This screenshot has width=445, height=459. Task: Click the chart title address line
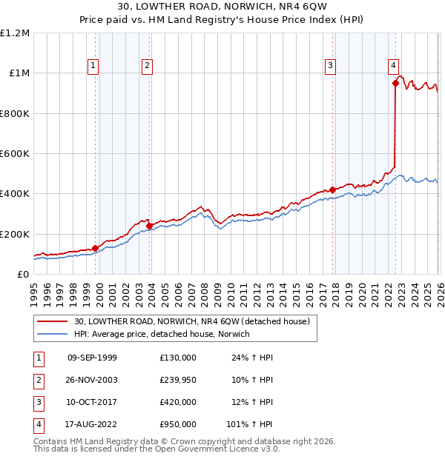[222, 8]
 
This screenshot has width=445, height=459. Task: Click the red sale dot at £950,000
[395, 84]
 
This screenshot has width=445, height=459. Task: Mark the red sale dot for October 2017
[332, 190]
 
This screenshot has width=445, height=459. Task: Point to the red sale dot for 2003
[150, 226]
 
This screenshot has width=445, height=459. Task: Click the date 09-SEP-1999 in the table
[92, 358]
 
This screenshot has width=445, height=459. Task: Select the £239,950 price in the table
[178, 380]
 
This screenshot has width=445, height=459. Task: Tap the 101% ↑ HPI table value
[249, 424]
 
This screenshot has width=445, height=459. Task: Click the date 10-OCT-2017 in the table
[92, 402]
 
